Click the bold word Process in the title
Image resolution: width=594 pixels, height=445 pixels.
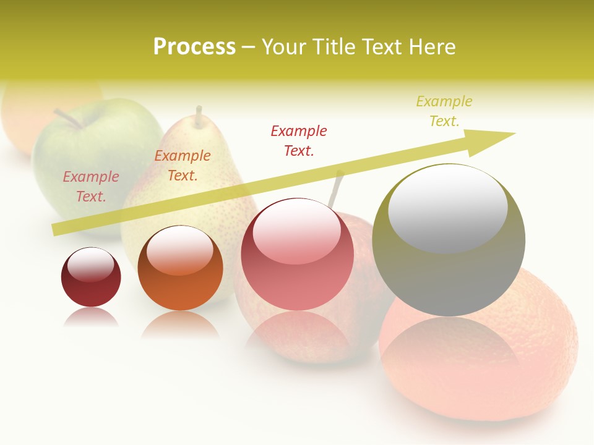[194, 47]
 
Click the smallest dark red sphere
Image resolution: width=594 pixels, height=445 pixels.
[91, 278]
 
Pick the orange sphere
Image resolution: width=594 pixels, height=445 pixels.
[180, 268]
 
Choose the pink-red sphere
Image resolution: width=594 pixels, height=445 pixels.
[298, 255]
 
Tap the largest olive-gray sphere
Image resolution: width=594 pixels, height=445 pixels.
[449, 240]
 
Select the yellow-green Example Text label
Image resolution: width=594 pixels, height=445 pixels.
[444, 111]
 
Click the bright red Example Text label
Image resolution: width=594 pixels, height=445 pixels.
[299, 140]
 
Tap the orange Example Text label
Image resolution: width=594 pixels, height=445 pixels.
[183, 166]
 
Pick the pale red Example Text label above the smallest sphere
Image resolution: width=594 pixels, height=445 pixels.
[91, 186]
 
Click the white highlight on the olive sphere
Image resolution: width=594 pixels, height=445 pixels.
[448, 207]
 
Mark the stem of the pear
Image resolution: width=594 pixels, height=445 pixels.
[199, 116]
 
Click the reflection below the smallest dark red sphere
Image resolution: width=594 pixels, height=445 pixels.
[91, 316]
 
